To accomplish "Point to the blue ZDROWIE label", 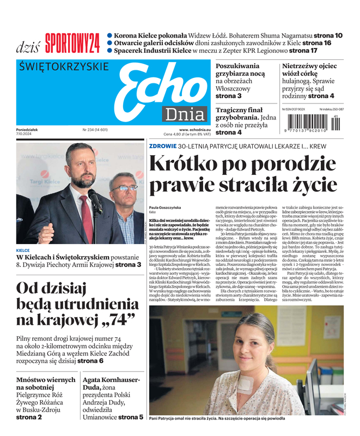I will pyautogui.click(x=162, y=146).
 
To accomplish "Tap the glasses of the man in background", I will pyautogui.click(x=125, y=188).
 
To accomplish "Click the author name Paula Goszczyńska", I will pyautogui.click(x=166, y=209).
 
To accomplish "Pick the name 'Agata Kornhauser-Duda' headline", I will pyautogui.click(x=111, y=384).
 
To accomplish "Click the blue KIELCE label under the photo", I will pyautogui.click(x=23, y=250).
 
